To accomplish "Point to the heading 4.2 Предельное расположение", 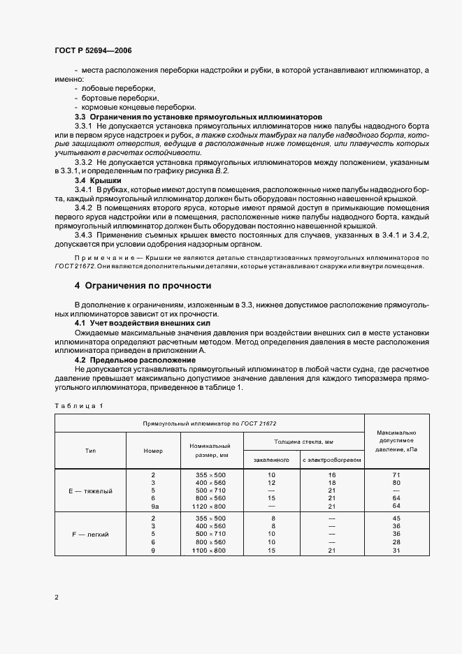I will click(x=135, y=359).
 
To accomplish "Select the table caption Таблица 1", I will click(x=78, y=406).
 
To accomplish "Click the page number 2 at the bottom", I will click(x=56, y=597).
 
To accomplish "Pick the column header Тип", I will click(x=90, y=451).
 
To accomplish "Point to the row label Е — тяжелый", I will click(x=90, y=490).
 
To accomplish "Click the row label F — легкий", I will click(x=90, y=534).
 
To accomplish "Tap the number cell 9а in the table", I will click(x=153, y=506).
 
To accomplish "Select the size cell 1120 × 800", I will click(x=210, y=506).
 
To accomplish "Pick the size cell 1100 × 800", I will click(x=210, y=551).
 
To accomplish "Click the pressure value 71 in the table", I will click(x=396, y=475).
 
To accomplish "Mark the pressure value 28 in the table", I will click(x=396, y=542).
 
